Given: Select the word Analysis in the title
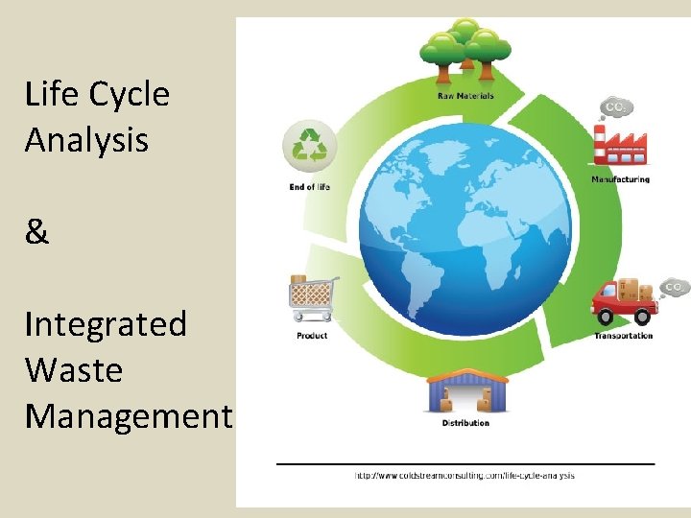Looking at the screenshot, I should click(86, 141).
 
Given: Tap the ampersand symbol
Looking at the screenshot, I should click(36, 232).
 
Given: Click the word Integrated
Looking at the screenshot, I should click(106, 324).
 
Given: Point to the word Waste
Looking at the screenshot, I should click(74, 370).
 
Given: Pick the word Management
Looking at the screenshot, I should click(129, 416).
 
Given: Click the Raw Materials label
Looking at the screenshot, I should click(465, 96).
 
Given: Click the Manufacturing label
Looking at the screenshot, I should click(620, 179).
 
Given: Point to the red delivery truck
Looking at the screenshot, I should click(625, 300).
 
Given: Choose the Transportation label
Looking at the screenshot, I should click(623, 336).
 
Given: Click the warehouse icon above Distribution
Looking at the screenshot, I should click(466, 390).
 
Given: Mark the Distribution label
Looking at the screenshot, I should click(465, 423).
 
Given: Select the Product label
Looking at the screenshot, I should click(312, 336).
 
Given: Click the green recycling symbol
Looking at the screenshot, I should click(309, 147).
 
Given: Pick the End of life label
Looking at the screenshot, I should click(309, 186).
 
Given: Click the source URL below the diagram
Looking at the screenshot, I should click(465, 476).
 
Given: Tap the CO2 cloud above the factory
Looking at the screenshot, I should click(614, 106).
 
